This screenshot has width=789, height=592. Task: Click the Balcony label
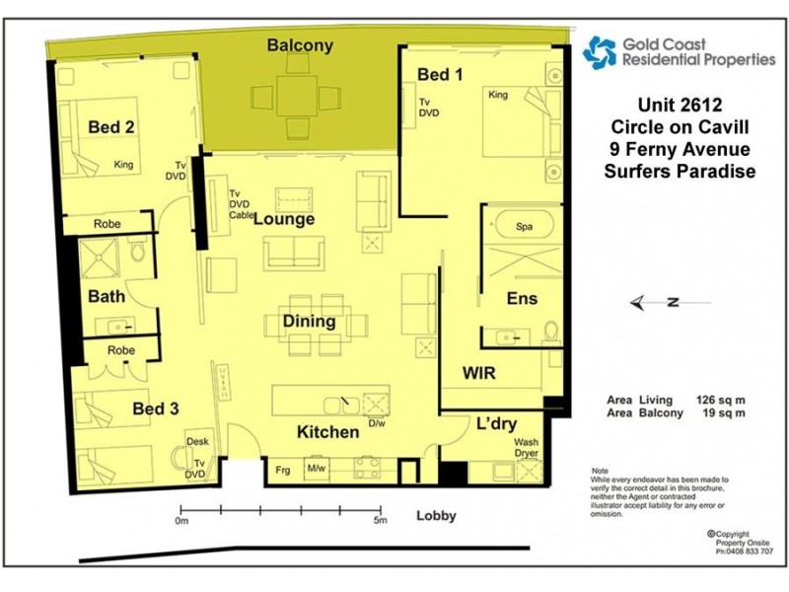point(301,45)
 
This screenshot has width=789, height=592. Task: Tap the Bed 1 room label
point(440,75)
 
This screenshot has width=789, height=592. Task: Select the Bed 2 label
point(111,127)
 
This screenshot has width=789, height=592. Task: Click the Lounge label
point(284,219)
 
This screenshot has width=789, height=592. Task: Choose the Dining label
point(309,321)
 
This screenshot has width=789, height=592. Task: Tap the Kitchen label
point(328,432)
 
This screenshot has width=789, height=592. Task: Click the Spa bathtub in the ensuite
point(523,227)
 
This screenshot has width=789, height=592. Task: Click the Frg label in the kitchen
point(283,469)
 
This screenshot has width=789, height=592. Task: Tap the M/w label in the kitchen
point(317,469)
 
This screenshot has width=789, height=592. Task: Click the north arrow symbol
point(659,303)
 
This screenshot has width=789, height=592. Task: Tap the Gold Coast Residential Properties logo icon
point(598,51)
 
